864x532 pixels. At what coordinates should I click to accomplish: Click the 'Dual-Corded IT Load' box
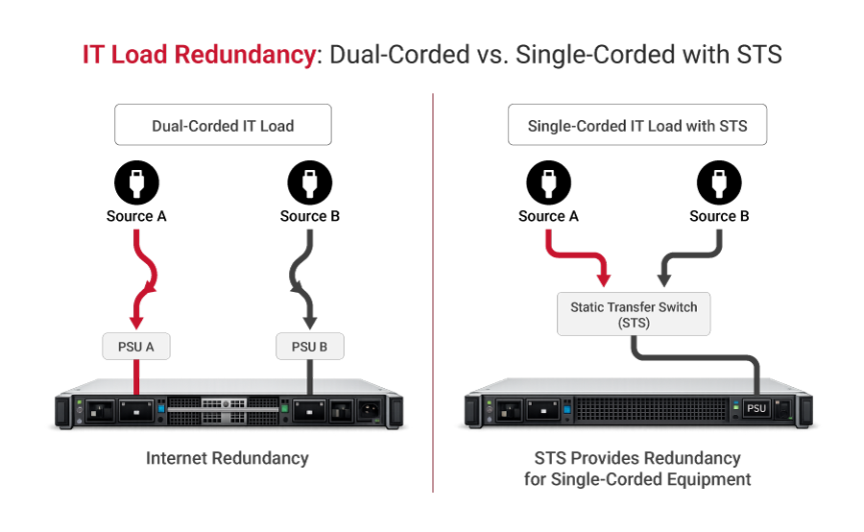223,126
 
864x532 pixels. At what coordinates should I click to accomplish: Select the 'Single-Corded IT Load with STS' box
637,126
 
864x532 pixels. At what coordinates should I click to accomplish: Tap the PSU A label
136,347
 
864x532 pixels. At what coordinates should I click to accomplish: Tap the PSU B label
309,347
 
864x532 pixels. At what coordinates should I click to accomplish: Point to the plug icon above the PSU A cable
136,182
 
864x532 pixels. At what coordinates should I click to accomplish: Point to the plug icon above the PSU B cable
309,182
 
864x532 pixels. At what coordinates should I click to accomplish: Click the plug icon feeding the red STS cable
548,182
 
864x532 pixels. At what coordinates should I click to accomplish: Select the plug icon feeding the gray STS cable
719,182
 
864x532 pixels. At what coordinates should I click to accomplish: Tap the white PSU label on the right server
756,408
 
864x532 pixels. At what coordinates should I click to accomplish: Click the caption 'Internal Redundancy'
228,459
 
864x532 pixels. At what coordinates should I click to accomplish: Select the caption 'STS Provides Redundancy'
637,459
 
